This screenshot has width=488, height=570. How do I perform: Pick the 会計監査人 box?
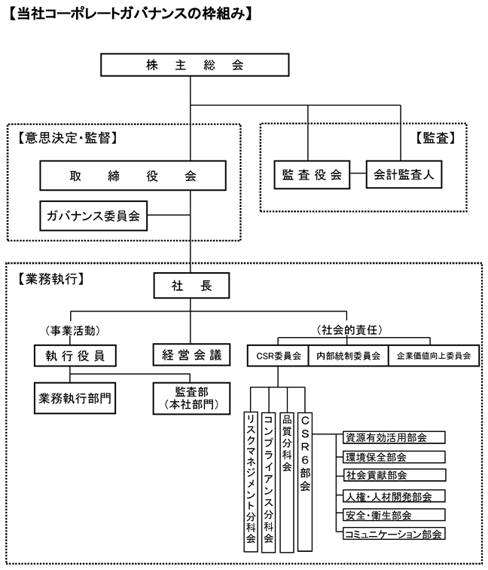(x=403, y=175)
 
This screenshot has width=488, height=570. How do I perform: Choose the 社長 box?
(x=190, y=286)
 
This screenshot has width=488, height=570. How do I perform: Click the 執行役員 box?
(x=69, y=354)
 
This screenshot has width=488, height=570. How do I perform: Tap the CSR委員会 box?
(x=277, y=355)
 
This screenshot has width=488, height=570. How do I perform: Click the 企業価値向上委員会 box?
(x=433, y=355)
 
